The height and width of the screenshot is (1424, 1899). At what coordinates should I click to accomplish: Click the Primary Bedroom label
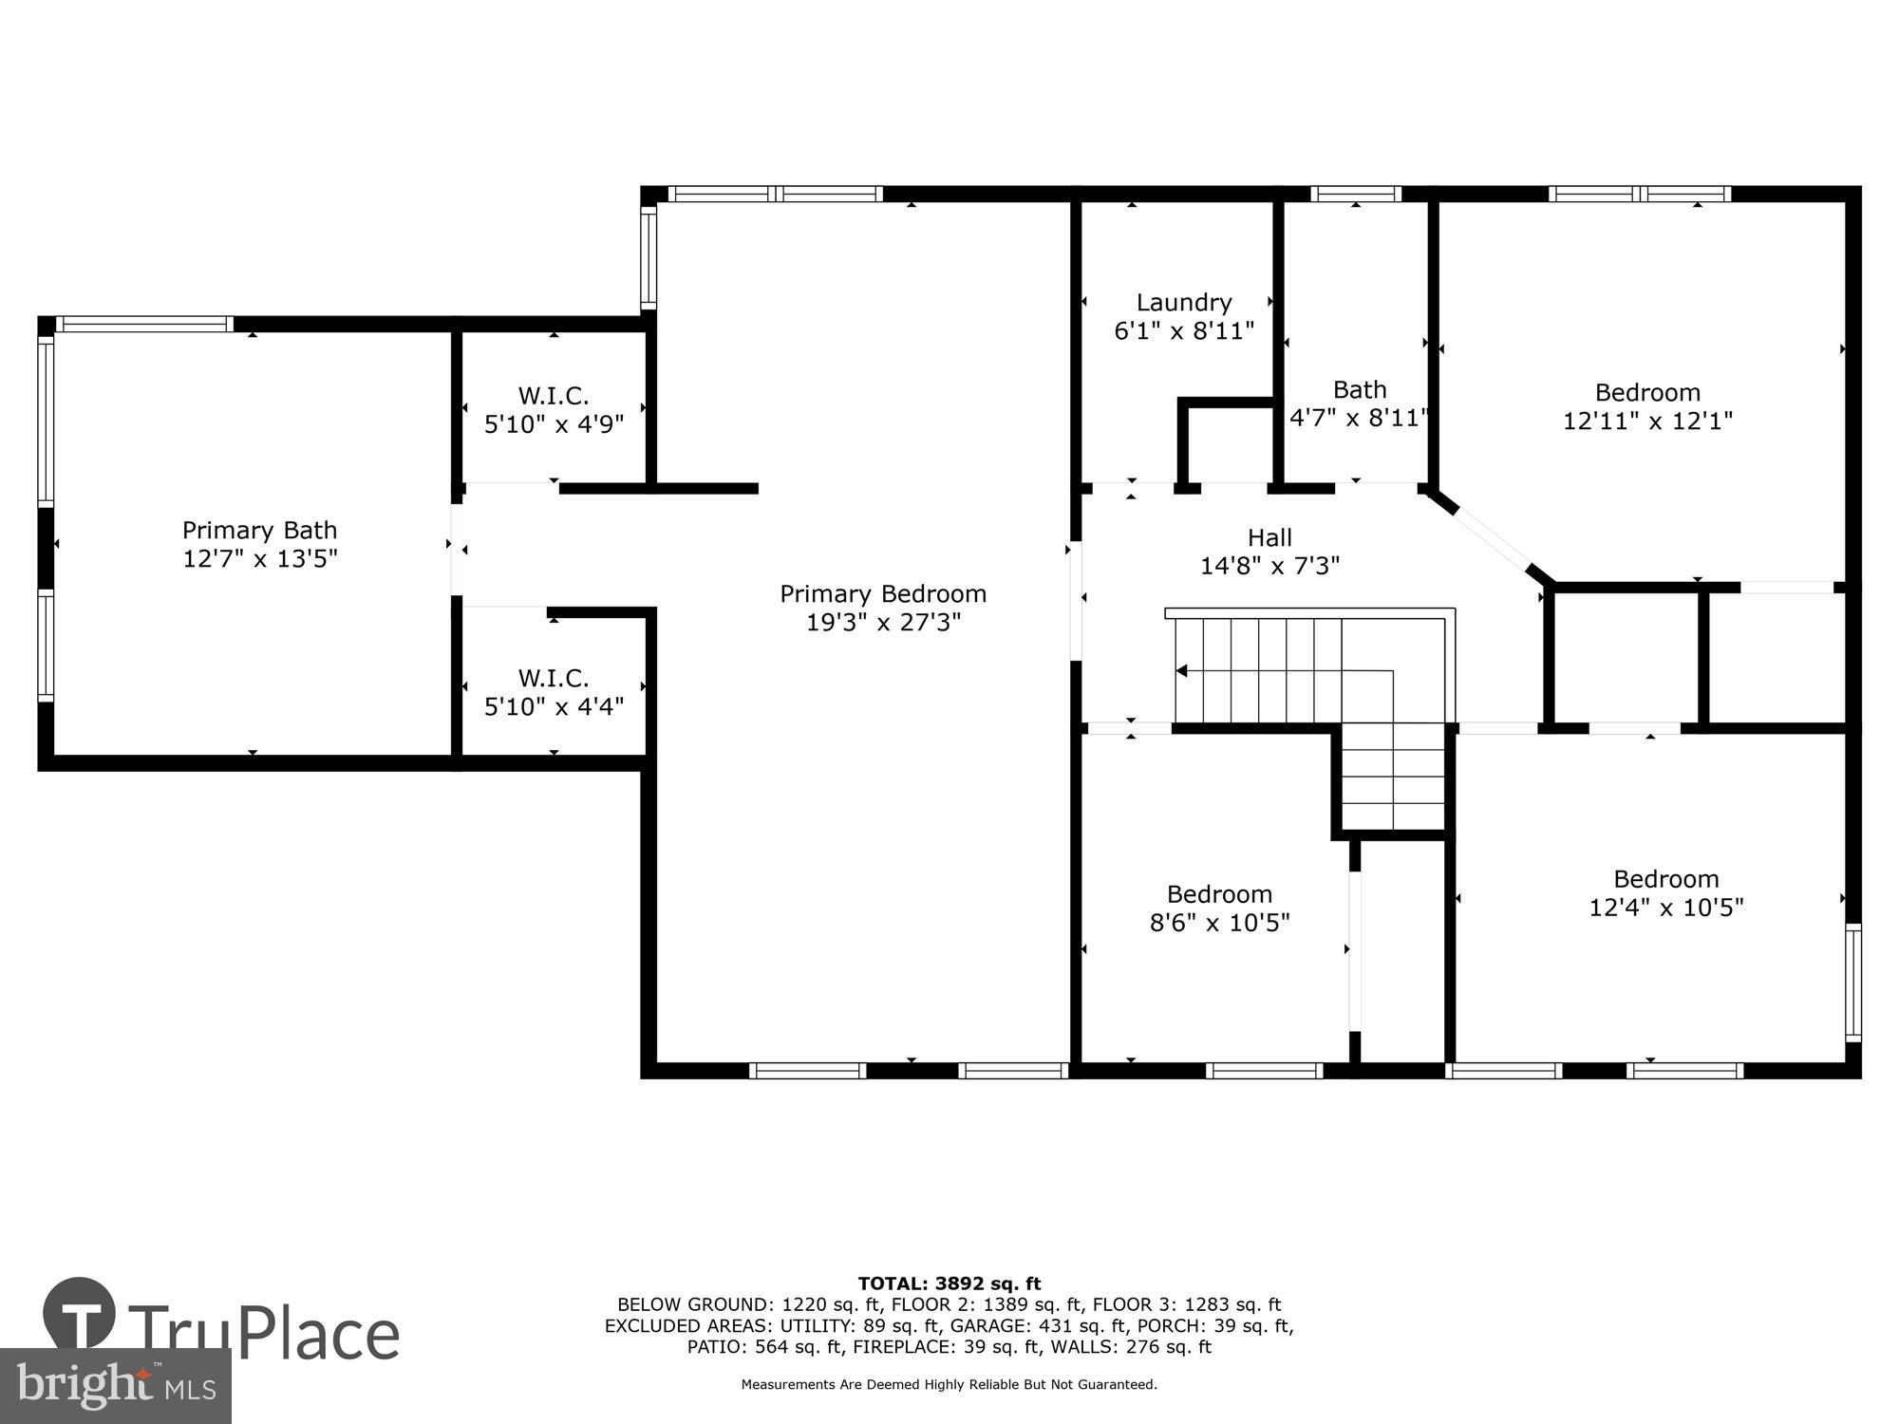[883, 594]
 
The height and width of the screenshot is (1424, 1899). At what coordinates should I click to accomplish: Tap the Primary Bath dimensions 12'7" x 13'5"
[260, 558]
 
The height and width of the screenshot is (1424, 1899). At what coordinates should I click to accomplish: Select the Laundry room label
[1184, 303]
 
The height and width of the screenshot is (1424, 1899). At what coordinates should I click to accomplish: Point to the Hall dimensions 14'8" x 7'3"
[1269, 566]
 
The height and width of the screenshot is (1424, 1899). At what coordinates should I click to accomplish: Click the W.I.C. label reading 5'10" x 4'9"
[554, 410]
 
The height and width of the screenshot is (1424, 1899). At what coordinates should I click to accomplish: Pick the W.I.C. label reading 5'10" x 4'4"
[554, 693]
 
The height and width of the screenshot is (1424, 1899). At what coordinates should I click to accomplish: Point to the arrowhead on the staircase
[1182, 671]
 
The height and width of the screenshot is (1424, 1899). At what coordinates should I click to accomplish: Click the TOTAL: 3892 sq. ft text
[949, 1283]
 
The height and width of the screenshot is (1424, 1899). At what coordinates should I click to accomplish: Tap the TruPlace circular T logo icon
[80, 1315]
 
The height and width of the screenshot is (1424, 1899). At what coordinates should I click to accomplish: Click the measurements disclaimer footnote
[949, 1385]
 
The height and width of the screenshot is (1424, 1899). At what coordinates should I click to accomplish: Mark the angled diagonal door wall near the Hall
[1493, 539]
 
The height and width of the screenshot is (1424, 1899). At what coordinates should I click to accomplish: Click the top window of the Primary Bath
[144, 325]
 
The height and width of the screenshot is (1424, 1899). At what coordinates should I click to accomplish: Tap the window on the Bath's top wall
[1355, 194]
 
